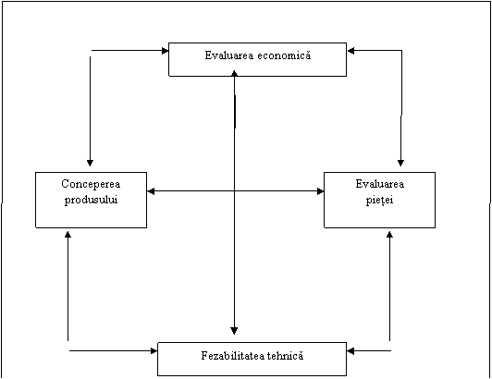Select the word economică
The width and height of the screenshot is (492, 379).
pyautogui.click(x=284, y=55)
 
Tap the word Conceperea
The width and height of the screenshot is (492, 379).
pyautogui.click(x=91, y=184)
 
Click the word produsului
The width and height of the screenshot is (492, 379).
pyautogui.click(x=91, y=200)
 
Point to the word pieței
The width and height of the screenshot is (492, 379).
pyautogui.click(x=380, y=200)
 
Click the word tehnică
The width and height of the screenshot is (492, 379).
pyautogui.click(x=286, y=356)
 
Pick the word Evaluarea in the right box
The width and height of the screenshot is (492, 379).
pyautogui.click(x=380, y=184)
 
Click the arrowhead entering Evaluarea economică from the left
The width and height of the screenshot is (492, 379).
pyautogui.click(x=165, y=51)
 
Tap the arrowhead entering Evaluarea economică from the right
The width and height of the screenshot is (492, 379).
pyautogui.click(x=351, y=51)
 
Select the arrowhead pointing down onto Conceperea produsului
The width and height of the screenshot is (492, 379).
pyautogui.click(x=90, y=163)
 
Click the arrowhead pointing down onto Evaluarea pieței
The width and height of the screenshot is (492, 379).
pyautogui.click(x=400, y=163)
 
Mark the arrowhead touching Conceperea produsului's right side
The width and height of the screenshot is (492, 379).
pyautogui.click(x=151, y=191)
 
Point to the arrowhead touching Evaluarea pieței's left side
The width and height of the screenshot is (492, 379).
pyautogui.click(x=320, y=191)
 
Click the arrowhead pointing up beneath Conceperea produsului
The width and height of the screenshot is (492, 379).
pyautogui.click(x=68, y=235)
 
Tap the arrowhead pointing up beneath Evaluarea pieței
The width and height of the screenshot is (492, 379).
pyautogui.click(x=389, y=235)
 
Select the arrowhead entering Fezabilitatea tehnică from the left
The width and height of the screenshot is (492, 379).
pyautogui.click(x=154, y=350)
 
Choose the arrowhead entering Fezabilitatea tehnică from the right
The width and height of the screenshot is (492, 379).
pyautogui.click(x=351, y=350)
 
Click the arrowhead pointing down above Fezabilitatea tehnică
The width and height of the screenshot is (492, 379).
pyautogui.click(x=234, y=331)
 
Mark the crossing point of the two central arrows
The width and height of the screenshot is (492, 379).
pyautogui.click(x=234, y=191)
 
